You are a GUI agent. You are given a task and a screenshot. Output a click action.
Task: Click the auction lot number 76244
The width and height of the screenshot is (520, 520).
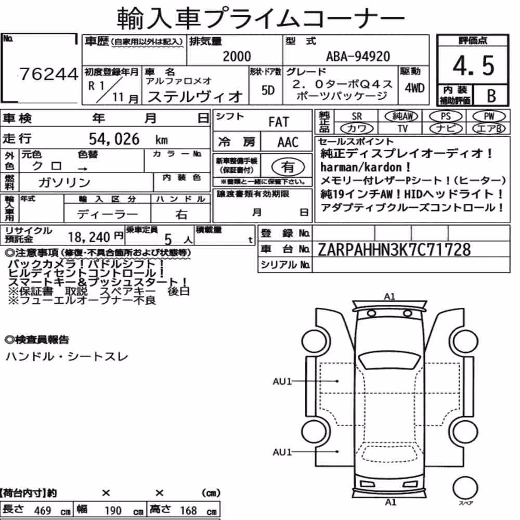(x=49, y=74)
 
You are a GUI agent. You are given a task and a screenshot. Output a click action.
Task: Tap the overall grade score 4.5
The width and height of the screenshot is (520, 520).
(x=473, y=66)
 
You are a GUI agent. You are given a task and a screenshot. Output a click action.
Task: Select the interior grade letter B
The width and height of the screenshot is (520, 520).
(x=491, y=96)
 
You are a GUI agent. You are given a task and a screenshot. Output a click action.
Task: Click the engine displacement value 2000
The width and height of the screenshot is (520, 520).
(x=237, y=56)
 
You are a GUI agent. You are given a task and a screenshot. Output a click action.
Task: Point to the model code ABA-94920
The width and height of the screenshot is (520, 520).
(x=358, y=56)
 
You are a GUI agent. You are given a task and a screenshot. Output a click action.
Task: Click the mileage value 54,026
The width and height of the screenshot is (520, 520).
(x=114, y=139)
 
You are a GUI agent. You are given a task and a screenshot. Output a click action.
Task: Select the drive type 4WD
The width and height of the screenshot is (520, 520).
(x=414, y=88)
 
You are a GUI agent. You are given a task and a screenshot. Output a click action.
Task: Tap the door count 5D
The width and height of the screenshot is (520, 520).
(x=268, y=90)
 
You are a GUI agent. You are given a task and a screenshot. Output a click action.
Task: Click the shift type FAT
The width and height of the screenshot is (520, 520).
(x=279, y=122)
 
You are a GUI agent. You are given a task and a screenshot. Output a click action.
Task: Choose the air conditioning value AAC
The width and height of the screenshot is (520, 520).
(x=288, y=142)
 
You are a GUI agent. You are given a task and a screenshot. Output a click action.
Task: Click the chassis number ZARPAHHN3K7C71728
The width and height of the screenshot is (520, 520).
(x=394, y=250)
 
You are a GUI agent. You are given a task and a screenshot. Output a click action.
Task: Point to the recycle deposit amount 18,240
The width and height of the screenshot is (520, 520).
(x=89, y=237)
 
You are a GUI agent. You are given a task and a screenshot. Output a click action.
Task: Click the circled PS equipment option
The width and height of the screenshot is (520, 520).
(x=446, y=116)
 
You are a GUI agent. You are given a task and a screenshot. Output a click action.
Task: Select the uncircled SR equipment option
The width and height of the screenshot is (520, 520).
(x=357, y=116)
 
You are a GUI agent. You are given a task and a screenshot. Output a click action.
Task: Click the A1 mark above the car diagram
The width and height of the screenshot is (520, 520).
(x=389, y=296)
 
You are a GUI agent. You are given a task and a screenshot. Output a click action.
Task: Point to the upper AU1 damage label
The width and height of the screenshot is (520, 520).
(x=282, y=381)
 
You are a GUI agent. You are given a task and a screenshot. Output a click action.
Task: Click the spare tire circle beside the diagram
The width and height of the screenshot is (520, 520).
(x=465, y=488)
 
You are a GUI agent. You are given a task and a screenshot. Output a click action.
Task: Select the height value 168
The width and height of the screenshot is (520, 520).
(x=188, y=511)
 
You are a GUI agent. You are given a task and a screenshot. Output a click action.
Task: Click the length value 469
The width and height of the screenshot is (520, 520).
(x=43, y=511)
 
